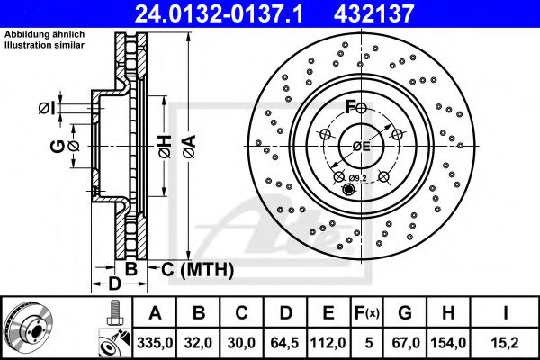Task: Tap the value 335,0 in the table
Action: [x=155, y=343]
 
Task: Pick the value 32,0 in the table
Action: [x=201, y=343]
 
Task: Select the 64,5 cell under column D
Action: [x=287, y=343]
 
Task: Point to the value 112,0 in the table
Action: [x=330, y=343]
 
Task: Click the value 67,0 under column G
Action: [x=406, y=343]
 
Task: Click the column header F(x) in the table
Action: [x=367, y=312]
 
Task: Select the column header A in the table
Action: [x=155, y=312]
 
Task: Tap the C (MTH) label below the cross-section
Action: [x=196, y=269]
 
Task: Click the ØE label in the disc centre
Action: [x=361, y=146]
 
